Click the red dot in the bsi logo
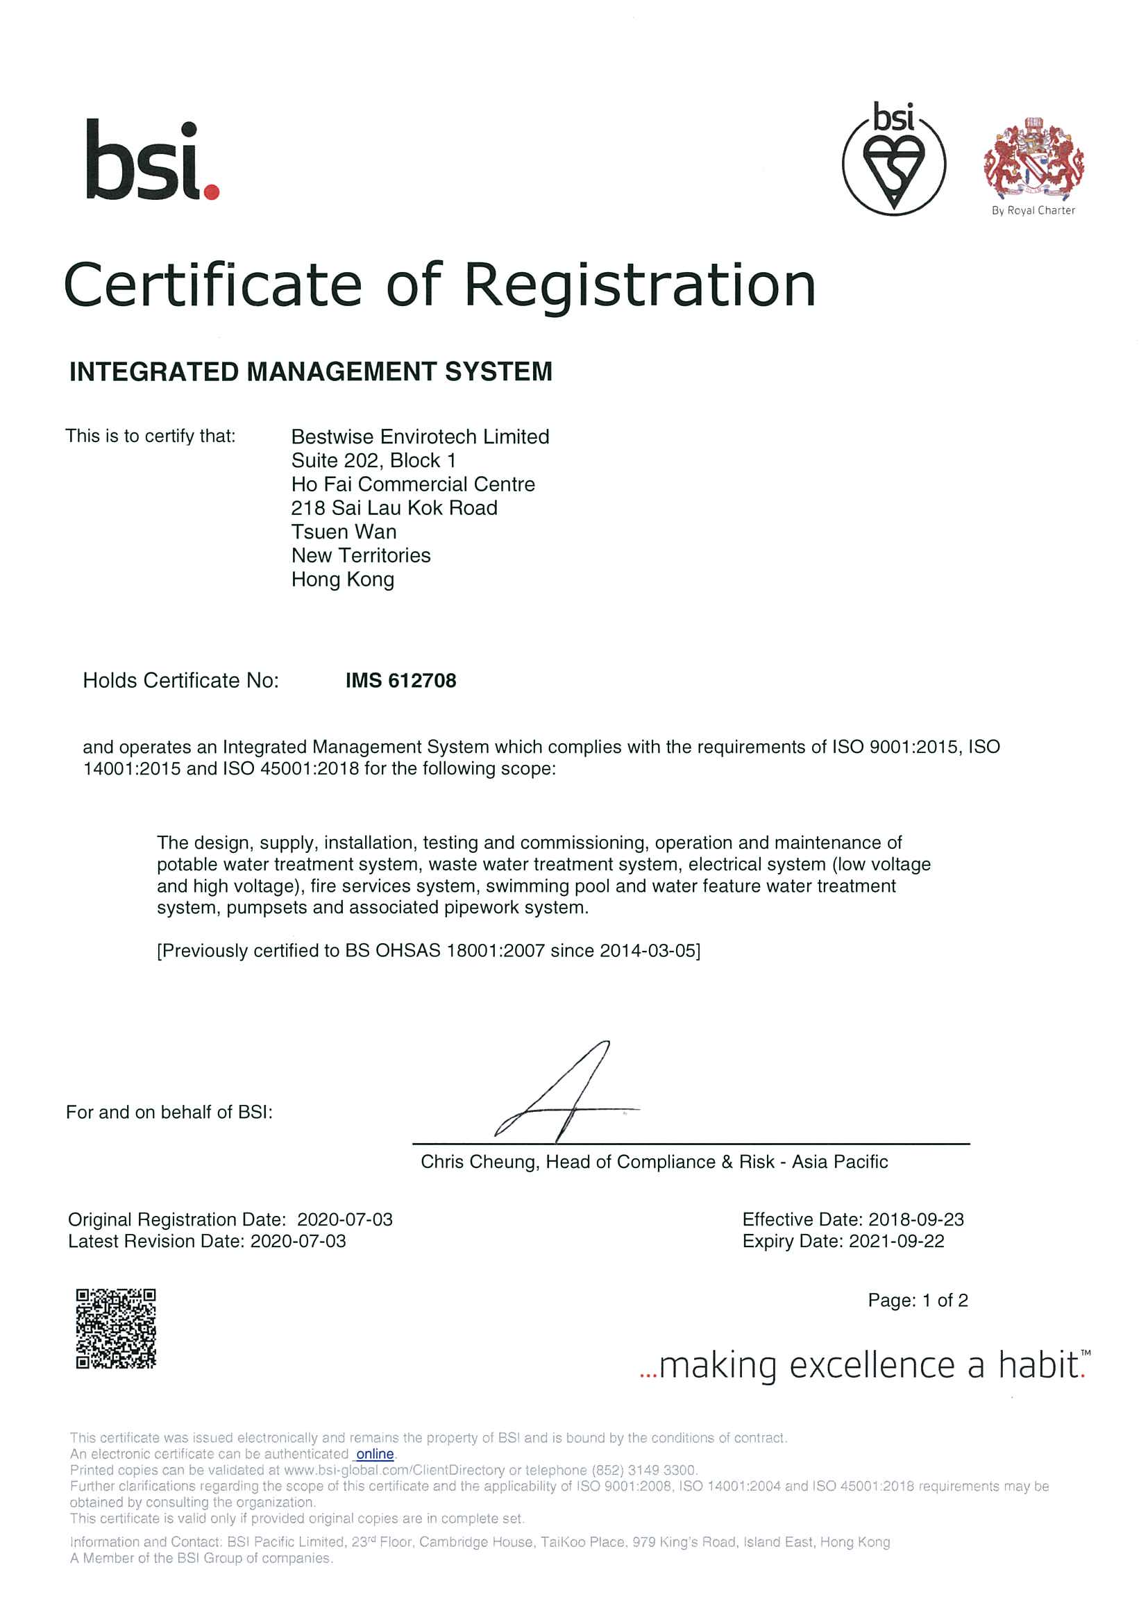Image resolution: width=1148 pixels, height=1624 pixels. tap(212, 192)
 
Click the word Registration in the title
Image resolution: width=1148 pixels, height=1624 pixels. tap(639, 285)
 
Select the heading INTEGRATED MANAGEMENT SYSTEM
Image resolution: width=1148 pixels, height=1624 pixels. tap(310, 372)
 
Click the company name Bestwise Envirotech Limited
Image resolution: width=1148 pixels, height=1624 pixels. tap(420, 437)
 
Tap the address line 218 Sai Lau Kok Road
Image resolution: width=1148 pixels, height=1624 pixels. tap(394, 508)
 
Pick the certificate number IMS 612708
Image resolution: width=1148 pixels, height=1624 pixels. tap(400, 680)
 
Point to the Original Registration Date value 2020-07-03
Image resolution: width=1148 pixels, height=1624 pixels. tap(344, 1219)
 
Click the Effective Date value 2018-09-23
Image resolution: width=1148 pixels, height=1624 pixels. tap(916, 1219)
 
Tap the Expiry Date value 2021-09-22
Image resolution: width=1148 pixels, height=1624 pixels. tap(896, 1242)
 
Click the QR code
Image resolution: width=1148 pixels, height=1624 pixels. tap(116, 1328)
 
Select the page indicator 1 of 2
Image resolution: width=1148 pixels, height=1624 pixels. tap(945, 1300)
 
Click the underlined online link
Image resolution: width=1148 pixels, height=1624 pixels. tap(375, 1454)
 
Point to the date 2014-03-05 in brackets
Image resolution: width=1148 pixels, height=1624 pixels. tap(647, 951)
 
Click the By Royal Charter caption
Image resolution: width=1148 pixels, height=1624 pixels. tap(1033, 210)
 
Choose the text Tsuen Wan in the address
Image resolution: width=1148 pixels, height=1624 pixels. tap(344, 532)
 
